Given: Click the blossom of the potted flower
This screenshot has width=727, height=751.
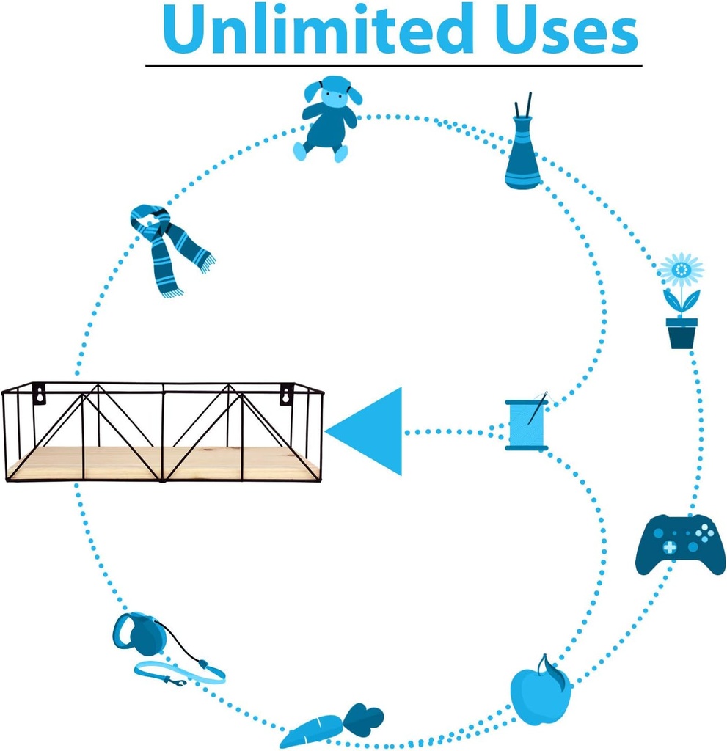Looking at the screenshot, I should pyautogui.click(x=681, y=271).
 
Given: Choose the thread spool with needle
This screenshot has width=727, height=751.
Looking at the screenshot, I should pyautogui.click(x=527, y=424).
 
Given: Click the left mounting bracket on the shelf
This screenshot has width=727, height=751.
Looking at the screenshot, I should pyautogui.click(x=38, y=393).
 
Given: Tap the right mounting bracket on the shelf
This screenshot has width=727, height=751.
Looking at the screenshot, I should pyautogui.click(x=285, y=394).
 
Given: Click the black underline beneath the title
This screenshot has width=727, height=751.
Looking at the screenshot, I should pyautogui.click(x=393, y=65).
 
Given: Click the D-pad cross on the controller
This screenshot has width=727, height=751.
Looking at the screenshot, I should pyautogui.click(x=669, y=548).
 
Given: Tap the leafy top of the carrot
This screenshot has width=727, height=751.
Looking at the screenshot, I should pyautogui.click(x=364, y=718).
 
